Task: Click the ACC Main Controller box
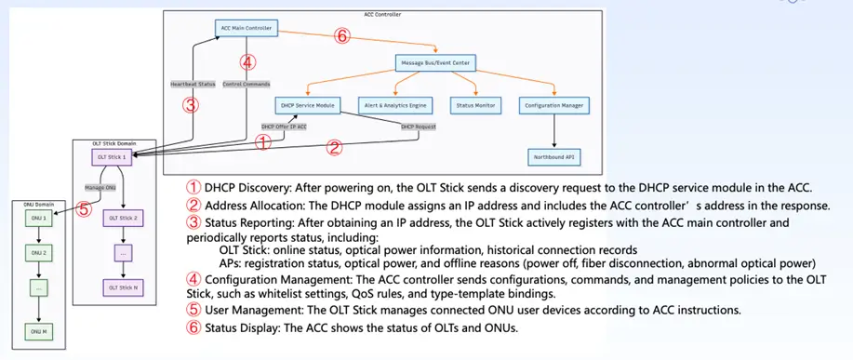[247, 29]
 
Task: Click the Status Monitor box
[473, 106]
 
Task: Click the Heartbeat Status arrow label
[193, 84]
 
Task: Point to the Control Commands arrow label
[247, 84]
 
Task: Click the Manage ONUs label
[100, 188]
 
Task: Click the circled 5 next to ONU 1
[83, 209]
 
